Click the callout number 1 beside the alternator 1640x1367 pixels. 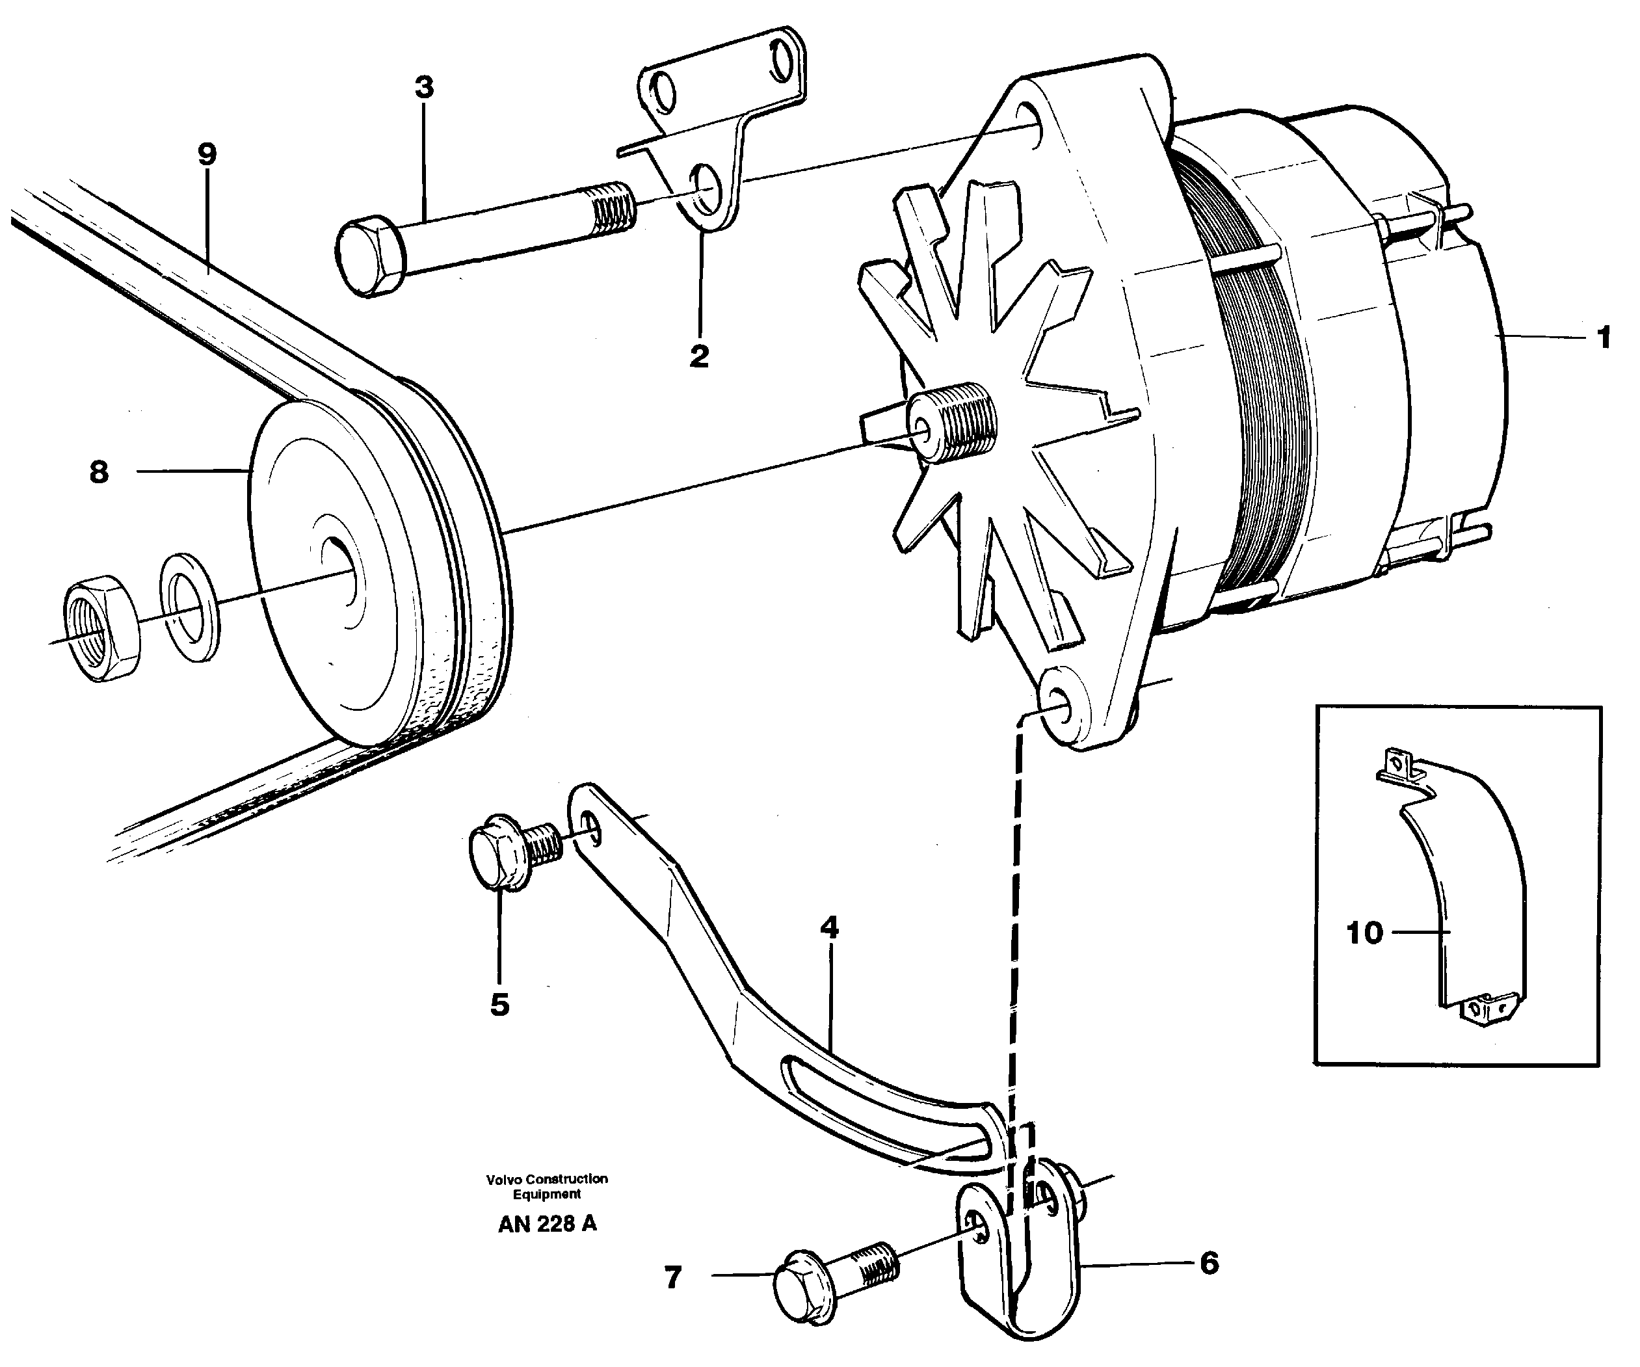[x=1604, y=338]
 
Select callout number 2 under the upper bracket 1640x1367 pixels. [x=699, y=356]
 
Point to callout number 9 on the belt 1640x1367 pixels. [x=206, y=155]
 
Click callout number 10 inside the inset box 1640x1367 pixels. [x=1364, y=933]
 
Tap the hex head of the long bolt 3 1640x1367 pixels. [x=369, y=258]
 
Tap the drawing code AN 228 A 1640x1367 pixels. [x=547, y=1224]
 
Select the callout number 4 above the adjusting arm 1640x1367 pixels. [x=828, y=927]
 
